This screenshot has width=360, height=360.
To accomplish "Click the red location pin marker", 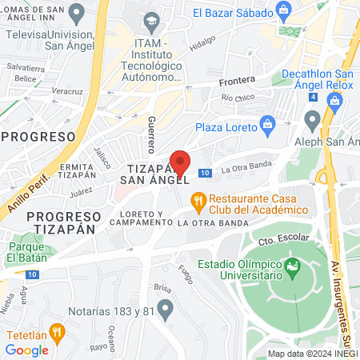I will [180, 162].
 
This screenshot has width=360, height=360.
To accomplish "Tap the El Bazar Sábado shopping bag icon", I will [282, 10].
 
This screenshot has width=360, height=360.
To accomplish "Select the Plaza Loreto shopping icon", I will [267, 124].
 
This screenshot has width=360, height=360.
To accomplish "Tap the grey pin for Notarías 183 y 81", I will [166, 308].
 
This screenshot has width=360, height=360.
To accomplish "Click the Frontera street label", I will [238, 80].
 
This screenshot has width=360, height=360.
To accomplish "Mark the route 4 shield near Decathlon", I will [314, 97].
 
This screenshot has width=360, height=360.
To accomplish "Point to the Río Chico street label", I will [238, 98].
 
